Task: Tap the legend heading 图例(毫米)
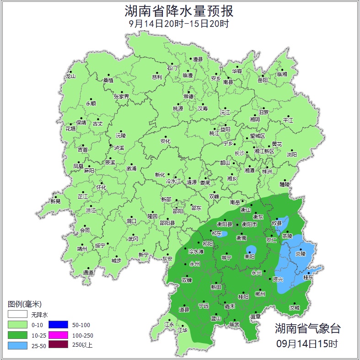[25, 304]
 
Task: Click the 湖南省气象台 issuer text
[307, 328]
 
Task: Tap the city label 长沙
[240, 153]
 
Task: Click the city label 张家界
[121, 97]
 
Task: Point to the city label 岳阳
[263, 81]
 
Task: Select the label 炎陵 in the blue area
[300, 253]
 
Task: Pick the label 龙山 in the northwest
[70, 76]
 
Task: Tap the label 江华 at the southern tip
[183, 330]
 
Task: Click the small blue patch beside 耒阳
[251, 250]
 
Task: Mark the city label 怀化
[101, 188]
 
